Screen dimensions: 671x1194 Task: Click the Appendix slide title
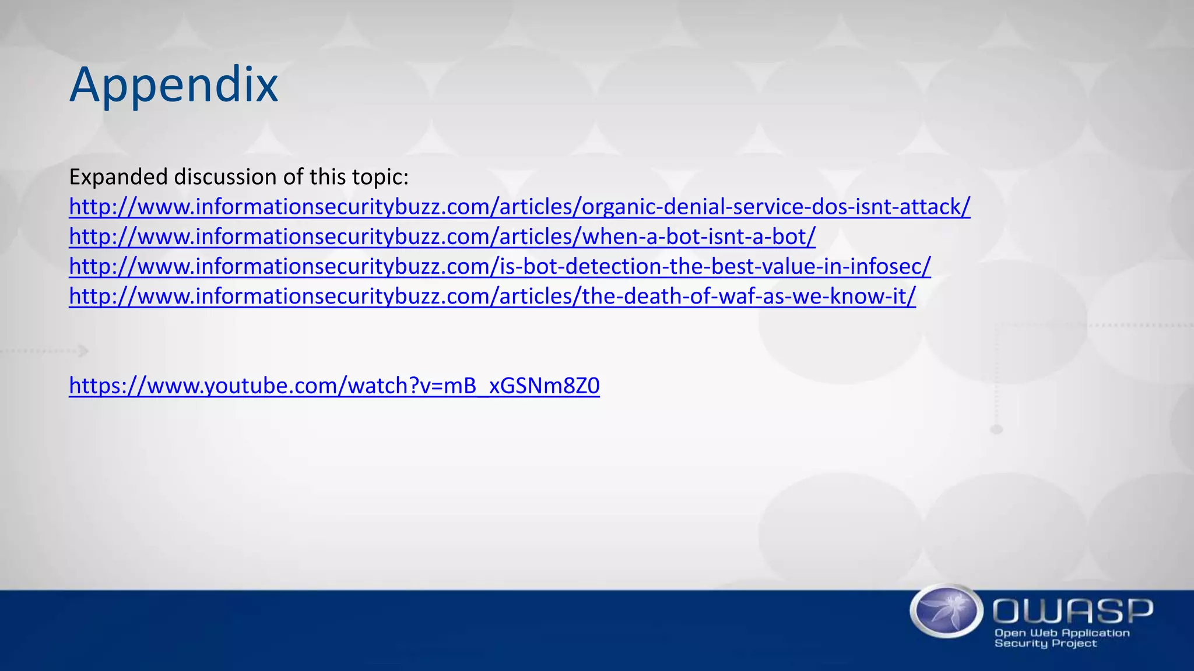pyautogui.click(x=174, y=86)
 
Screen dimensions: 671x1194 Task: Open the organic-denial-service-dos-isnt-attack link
pyautogui.click(x=519, y=207)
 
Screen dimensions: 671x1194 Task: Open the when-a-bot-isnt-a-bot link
pyautogui.click(x=442, y=237)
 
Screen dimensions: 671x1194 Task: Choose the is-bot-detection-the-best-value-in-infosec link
pyautogui.click(x=500, y=267)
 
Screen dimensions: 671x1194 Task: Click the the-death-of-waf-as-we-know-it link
pyautogui.click(x=492, y=296)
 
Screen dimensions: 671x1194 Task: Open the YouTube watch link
pyautogui.click(x=334, y=386)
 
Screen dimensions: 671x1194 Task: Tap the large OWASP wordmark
pyautogui.click(x=1073, y=611)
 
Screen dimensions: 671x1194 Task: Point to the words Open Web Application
pyautogui.click(x=1062, y=633)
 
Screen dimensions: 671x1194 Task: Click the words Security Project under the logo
pyautogui.click(x=1045, y=644)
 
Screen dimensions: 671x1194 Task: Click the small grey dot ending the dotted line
pyautogui.click(x=996, y=430)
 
